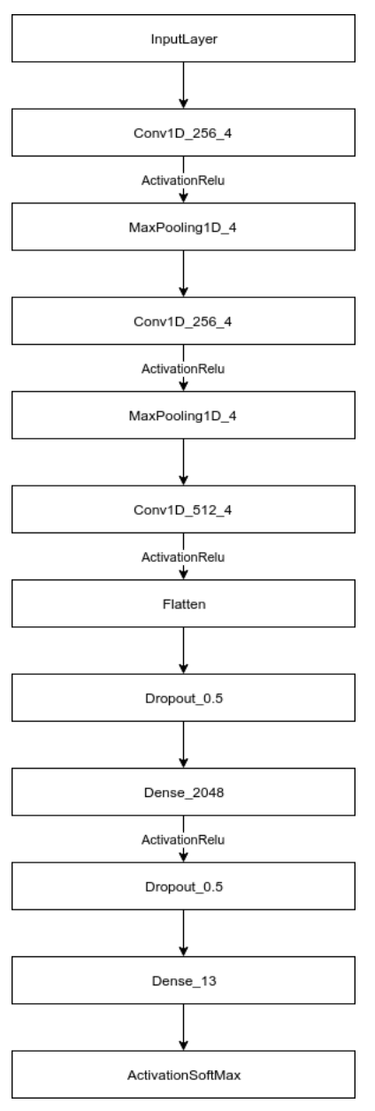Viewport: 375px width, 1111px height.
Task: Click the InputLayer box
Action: click(182, 40)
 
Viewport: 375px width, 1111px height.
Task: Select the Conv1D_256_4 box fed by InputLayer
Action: click(182, 135)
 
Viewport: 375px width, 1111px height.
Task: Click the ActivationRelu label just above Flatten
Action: click(182, 557)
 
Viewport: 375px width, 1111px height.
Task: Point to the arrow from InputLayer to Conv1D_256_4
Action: click(182, 88)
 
